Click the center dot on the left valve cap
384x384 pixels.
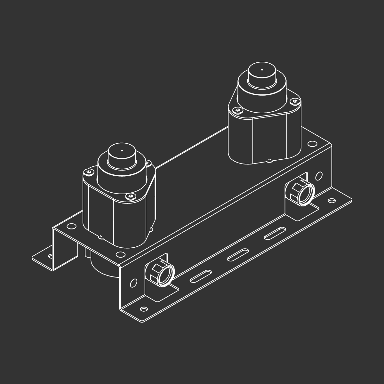(122, 150)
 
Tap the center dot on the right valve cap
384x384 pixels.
(262, 69)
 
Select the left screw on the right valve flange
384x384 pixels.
(237, 110)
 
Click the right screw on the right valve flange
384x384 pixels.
(295, 101)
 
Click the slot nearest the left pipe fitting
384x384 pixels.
(201, 276)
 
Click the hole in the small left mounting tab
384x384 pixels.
(50, 256)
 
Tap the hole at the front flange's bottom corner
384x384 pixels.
(144, 309)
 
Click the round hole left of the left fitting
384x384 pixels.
(133, 283)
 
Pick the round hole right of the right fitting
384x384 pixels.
(319, 176)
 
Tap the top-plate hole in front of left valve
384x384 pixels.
(121, 254)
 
